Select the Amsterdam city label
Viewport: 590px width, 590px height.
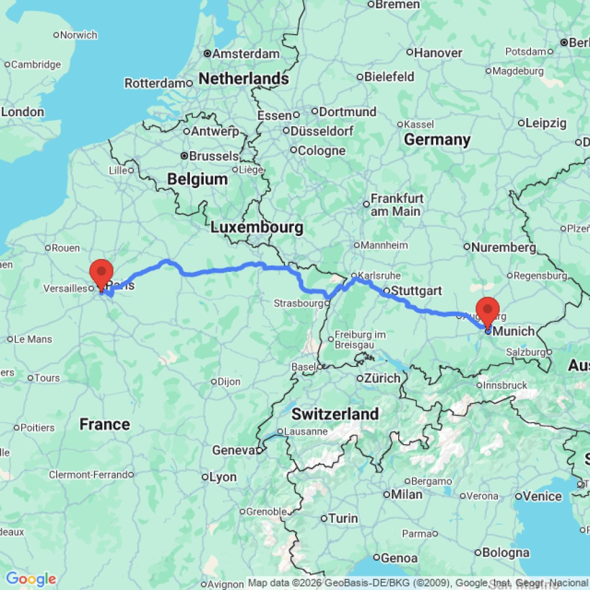click(245, 54)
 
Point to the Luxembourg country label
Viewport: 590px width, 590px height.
click(257, 227)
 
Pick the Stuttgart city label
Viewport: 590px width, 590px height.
click(417, 291)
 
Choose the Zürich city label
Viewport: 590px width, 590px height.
click(382, 378)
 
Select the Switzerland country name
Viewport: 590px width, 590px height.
click(335, 414)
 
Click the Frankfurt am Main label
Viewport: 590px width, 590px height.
click(395, 205)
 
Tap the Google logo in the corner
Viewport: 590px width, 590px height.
click(31, 579)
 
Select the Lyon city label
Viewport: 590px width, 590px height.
click(223, 477)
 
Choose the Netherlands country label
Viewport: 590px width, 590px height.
click(244, 78)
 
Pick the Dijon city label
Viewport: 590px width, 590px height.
click(229, 382)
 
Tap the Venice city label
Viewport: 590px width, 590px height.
click(542, 496)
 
